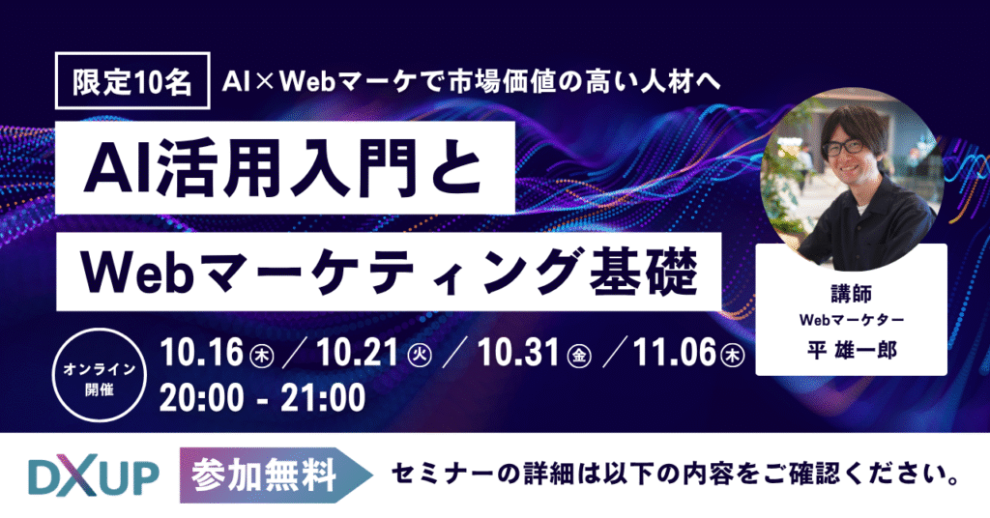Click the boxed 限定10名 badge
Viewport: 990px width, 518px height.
tap(132, 81)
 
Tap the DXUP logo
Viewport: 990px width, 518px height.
tap(94, 475)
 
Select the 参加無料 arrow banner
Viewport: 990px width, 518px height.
tap(276, 475)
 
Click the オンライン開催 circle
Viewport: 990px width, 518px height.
tap(100, 375)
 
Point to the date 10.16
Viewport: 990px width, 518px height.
tap(201, 352)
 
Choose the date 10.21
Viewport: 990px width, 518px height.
tap(357, 352)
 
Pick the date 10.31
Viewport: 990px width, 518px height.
tap(518, 352)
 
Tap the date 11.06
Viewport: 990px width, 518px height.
tap(674, 352)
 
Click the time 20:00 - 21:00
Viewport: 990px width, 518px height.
tap(263, 397)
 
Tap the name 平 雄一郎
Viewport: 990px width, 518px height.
tap(852, 350)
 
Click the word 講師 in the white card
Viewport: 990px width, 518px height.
tap(851, 294)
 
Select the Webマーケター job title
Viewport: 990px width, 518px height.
tap(852, 320)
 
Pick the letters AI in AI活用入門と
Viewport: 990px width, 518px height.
tap(119, 168)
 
